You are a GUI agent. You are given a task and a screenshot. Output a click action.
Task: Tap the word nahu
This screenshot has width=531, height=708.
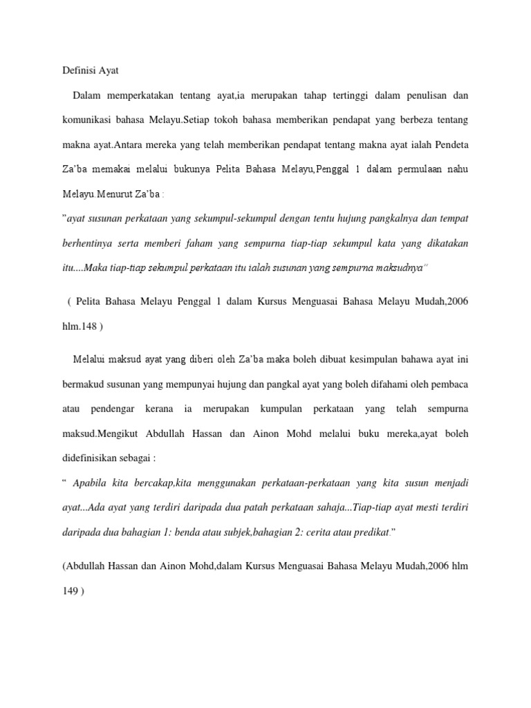tap(456, 169)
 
